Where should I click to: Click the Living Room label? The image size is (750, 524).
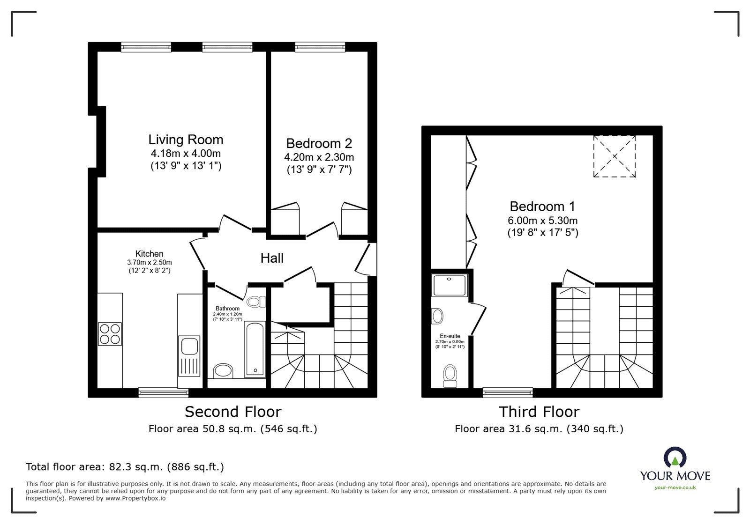186,140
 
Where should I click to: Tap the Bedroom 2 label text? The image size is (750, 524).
319,143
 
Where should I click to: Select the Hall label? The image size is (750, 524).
272,258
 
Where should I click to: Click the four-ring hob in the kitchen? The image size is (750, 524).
110,334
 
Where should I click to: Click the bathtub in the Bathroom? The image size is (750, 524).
255,349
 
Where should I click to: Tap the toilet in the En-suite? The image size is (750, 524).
450,376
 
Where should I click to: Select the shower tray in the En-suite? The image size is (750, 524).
450,286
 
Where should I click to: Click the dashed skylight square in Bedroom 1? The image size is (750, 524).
615,156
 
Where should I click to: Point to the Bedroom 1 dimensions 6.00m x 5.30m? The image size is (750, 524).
543,221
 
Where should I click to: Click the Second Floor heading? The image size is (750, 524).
233,412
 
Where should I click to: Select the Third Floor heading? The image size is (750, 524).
539,412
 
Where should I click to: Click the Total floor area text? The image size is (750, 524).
125,467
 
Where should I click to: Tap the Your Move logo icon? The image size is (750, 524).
675,458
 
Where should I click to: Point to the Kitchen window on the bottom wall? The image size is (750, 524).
164,392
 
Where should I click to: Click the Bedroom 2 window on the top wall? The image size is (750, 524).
320,46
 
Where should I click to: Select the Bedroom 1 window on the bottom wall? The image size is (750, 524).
508,392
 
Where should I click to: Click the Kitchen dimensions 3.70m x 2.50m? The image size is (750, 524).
150,262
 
